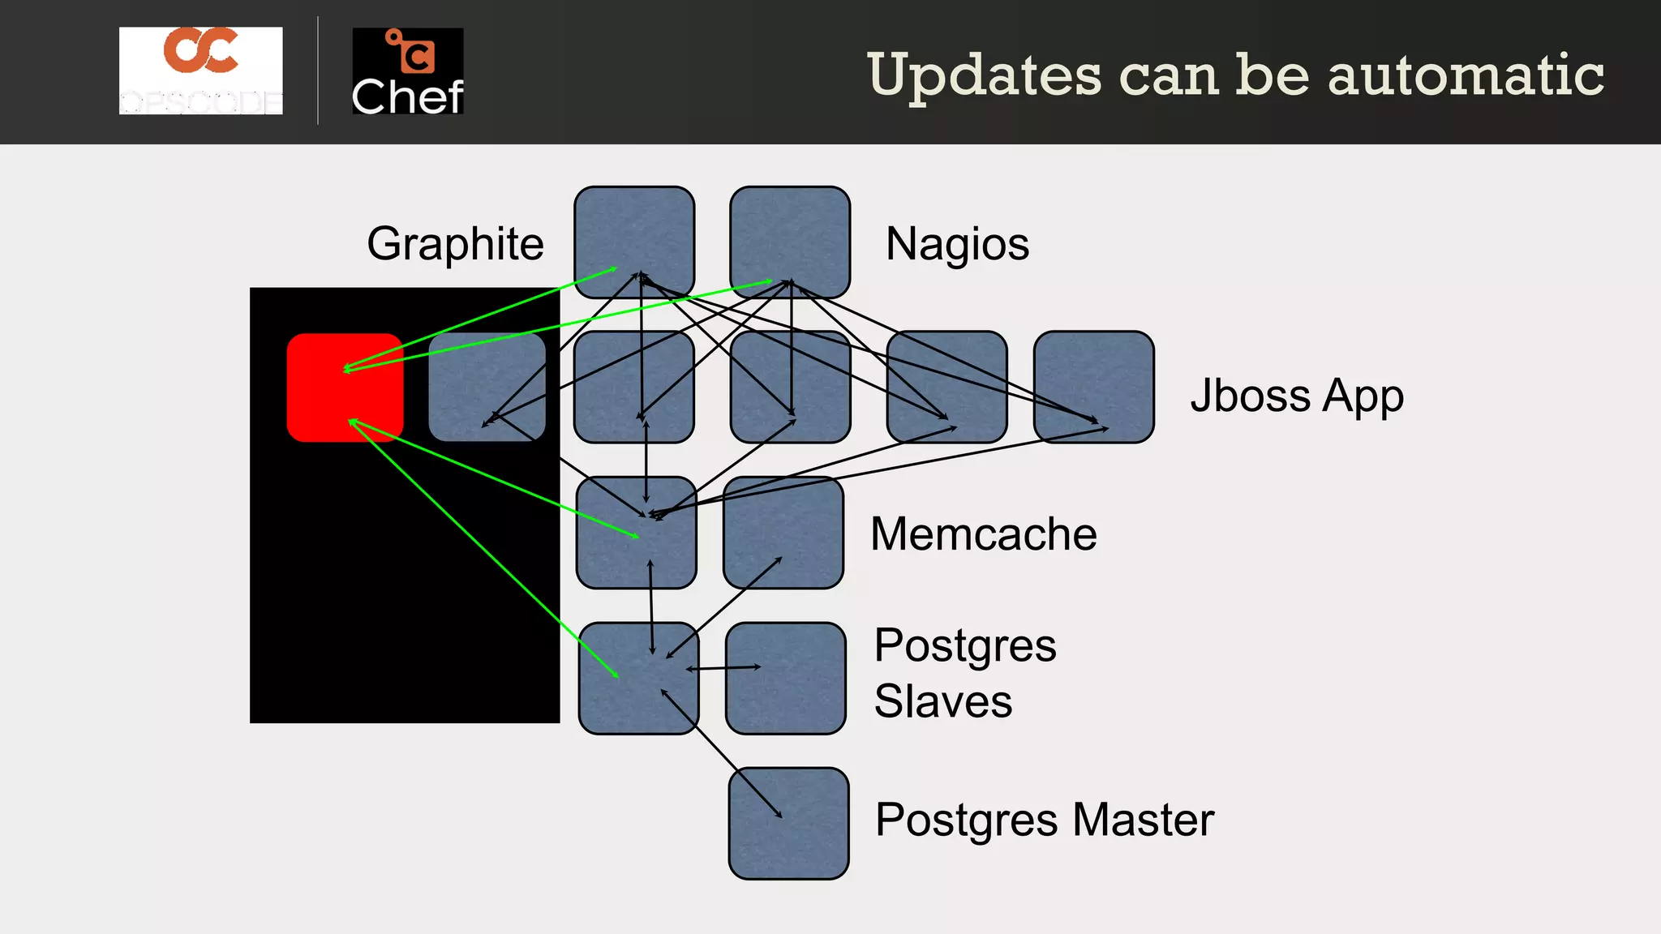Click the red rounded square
pyautogui.click(x=345, y=388)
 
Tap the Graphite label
pyautogui.click(x=455, y=243)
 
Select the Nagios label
pyautogui.click(x=957, y=243)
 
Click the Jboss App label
pyautogui.click(x=1296, y=396)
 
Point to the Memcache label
pyautogui.click(x=983, y=533)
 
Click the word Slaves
pyautogui.click(x=942, y=700)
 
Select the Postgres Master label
pyautogui.click(x=1044, y=819)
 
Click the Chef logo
pyautogui.click(x=407, y=71)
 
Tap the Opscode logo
pyautogui.click(x=201, y=71)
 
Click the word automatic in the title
pyautogui.click(x=1466, y=75)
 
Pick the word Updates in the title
pyautogui.click(x=985, y=75)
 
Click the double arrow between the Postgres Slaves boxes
pyautogui.click(x=723, y=668)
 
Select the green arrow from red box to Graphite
pyautogui.click(x=479, y=318)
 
